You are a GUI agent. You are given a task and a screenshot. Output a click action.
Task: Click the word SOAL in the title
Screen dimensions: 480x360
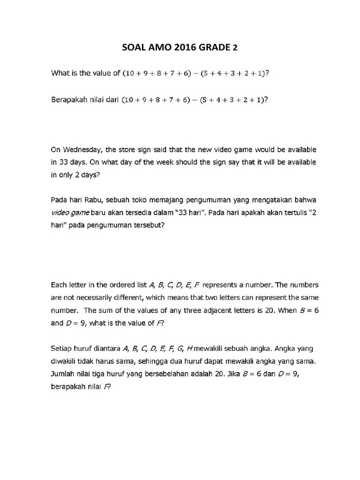click(x=134, y=47)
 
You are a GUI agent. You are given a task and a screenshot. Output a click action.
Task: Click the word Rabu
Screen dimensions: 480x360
click(x=105, y=200)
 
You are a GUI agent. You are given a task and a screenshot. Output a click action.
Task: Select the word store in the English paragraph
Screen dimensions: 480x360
click(x=129, y=150)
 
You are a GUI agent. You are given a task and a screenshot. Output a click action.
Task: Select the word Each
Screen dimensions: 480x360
click(x=59, y=285)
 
